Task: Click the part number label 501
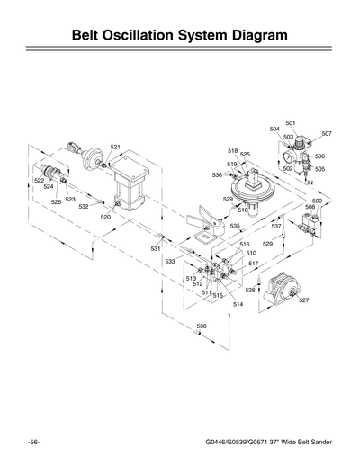[291, 122]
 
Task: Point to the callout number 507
[326, 133]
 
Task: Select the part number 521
[115, 147]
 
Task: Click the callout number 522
[39, 181]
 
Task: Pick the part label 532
[83, 206]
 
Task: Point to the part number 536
[217, 174]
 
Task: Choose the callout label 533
[169, 261]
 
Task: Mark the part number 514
[238, 304]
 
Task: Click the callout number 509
[317, 201]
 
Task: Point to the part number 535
[235, 226]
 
